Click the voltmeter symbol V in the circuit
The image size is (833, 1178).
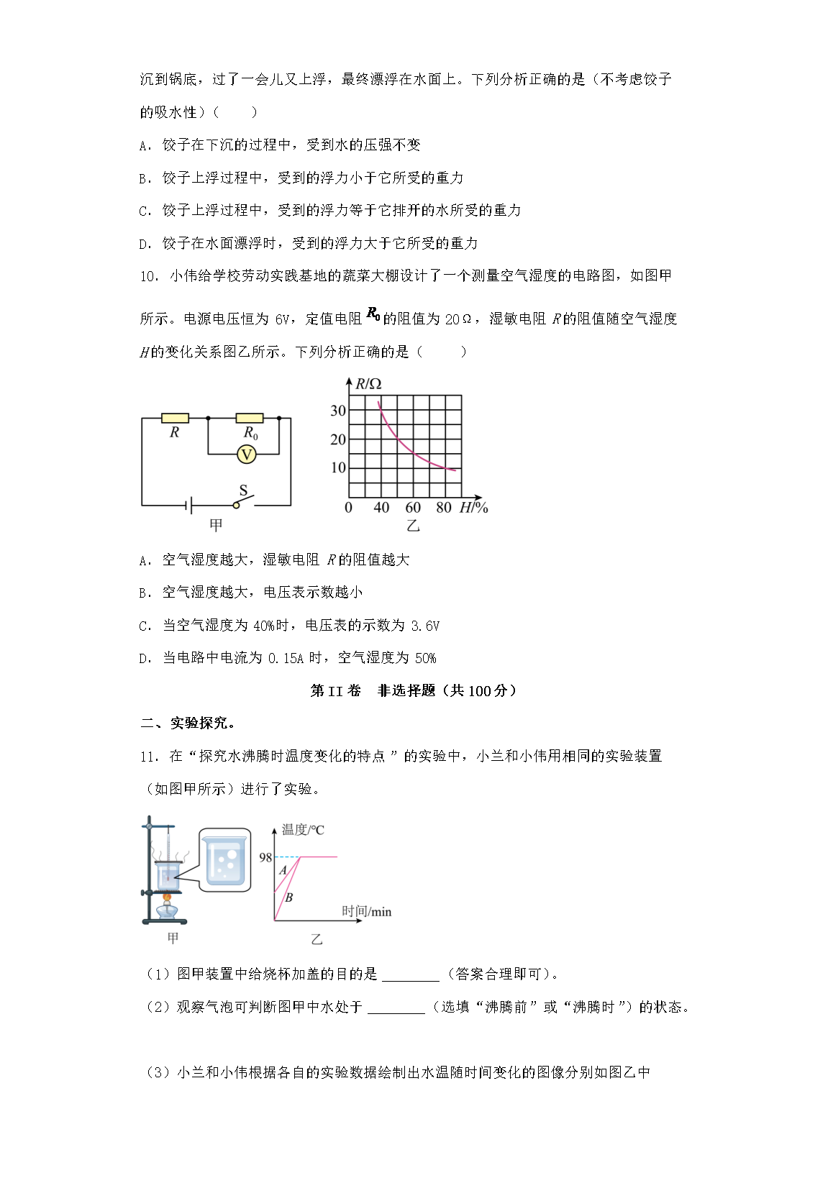(x=247, y=455)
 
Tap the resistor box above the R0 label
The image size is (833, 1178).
(x=250, y=418)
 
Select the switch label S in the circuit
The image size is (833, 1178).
(x=243, y=490)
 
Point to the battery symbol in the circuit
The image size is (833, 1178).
(x=189, y=506)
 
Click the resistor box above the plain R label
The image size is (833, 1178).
(x=175, y=418)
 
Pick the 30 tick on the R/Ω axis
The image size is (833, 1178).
(x=338, y=411)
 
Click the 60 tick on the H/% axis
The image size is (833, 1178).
(x=413, y=508)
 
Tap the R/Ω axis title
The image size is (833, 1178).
(x=369, y=384)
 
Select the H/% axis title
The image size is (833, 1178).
(x=473, y=508)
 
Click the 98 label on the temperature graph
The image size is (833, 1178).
(x=265, y=857)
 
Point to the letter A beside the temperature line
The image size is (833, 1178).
(x=283, y=870)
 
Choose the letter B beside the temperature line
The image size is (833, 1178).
(x=289, y=898)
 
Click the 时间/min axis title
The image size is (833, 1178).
(x=366, y=912)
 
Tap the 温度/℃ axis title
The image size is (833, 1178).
(x=303, y=830)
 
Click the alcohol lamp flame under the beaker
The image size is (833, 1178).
(x=168, y=897)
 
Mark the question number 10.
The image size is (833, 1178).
(x=148, y=276)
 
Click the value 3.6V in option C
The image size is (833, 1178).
(x=425, y=626)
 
